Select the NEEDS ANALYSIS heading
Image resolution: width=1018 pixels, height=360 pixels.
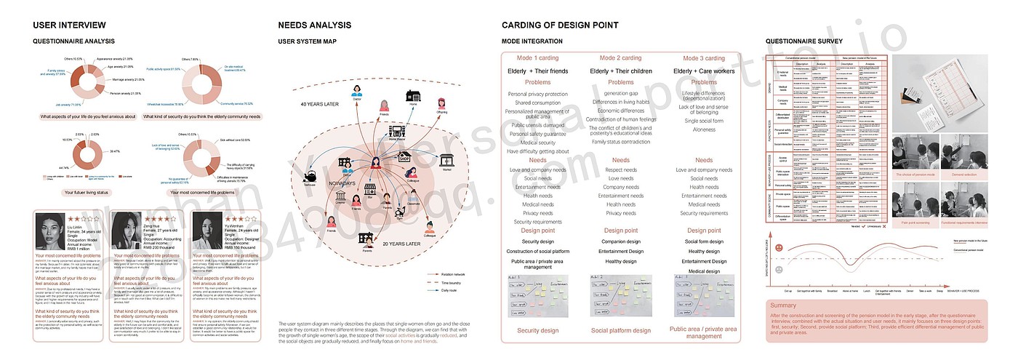315,25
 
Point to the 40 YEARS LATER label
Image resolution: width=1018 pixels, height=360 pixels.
321,104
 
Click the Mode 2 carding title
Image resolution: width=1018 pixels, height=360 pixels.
620,58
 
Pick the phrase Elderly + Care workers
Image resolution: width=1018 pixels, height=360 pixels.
704,71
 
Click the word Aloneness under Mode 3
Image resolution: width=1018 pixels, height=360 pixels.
704,129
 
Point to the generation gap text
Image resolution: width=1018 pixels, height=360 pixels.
620,93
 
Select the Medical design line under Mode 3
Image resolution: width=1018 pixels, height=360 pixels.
704,271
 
